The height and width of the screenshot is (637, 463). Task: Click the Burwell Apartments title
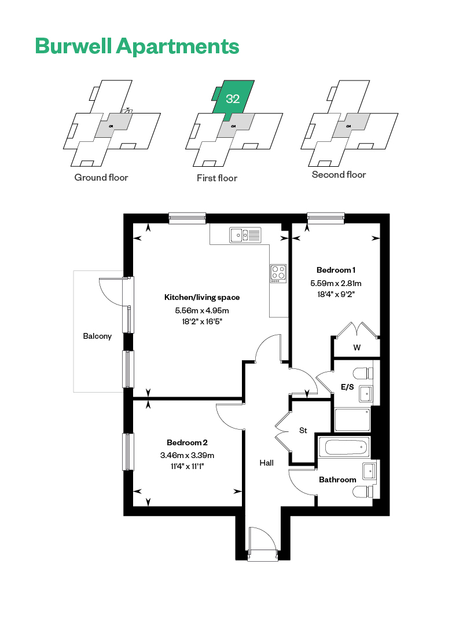(137, 46)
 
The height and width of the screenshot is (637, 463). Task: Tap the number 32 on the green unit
(233, 98)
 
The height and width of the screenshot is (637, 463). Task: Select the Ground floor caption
(101, 178)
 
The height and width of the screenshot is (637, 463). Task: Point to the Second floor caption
(339, 175)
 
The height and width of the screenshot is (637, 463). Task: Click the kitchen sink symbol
(245, 235)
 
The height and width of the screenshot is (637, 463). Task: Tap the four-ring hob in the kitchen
(278, 273)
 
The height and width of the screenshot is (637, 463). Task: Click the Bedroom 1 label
(336, 270)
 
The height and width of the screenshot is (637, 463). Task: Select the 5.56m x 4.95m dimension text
(202, 310)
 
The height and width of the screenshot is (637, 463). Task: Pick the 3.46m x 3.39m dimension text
(188, 455)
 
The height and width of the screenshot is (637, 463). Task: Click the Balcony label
(97, 336)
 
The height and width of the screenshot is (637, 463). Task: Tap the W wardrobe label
(357, 347)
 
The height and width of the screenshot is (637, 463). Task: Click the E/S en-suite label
(347, 387)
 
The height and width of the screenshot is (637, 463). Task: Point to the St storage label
(303, 431)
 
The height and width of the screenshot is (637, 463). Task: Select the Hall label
(266, 463)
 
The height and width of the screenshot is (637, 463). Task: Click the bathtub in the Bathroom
(344, 447)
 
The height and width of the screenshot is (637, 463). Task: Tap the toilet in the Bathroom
(363, 492)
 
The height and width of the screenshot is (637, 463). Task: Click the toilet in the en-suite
(363, 373)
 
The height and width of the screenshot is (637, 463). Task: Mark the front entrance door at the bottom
(263, 545)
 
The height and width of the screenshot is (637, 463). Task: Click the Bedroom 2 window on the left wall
(128, 452)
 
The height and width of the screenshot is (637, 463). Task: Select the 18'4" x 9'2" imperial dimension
(336, 295)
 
